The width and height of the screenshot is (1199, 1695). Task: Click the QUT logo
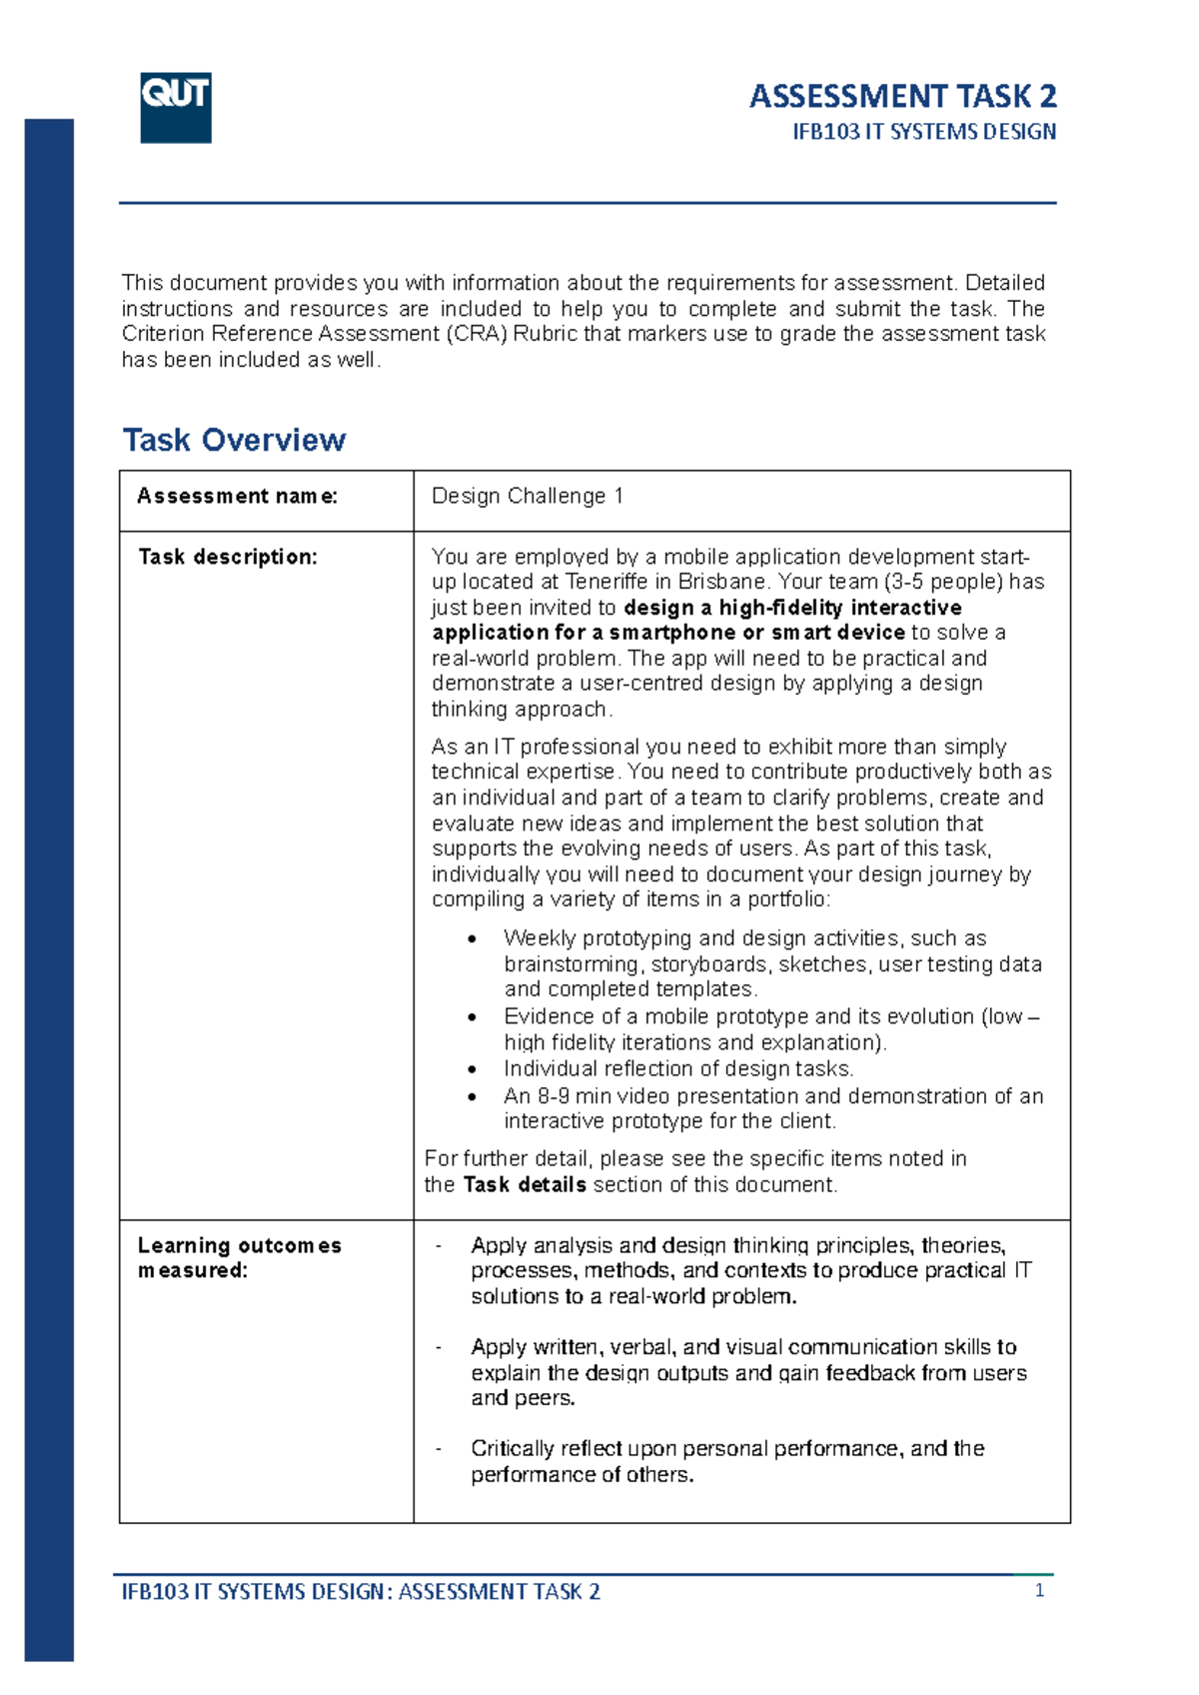[x=176, y=107]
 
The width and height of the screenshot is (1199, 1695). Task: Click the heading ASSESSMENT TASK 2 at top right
[x=902, y=96]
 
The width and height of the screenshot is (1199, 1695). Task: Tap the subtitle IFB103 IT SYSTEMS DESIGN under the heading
[x=924, y=132]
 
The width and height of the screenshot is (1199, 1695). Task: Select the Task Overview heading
[x=234, y=440]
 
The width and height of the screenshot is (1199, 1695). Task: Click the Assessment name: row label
[x=237, y=496]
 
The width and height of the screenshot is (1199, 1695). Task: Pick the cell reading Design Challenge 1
[x=528, y=496]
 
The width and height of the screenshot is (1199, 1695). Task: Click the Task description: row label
[x=227, y=557]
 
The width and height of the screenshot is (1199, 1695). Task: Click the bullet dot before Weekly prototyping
[x=473, y=939]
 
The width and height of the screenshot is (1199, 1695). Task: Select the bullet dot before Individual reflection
[x=473, y=1069]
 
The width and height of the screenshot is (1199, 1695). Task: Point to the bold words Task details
[x=525, y=1184]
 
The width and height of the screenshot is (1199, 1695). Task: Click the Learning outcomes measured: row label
[x=239, y=1257]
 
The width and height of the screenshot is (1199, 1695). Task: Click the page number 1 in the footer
[x=1039, y=1590]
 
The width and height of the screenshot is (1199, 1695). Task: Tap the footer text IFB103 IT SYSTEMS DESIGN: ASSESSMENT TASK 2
[x=361, y=1592]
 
